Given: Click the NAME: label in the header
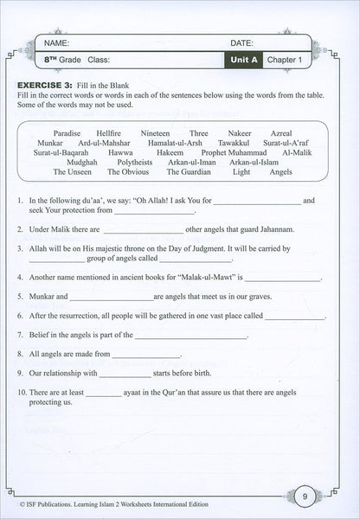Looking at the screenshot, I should click(x=55, y=42).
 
